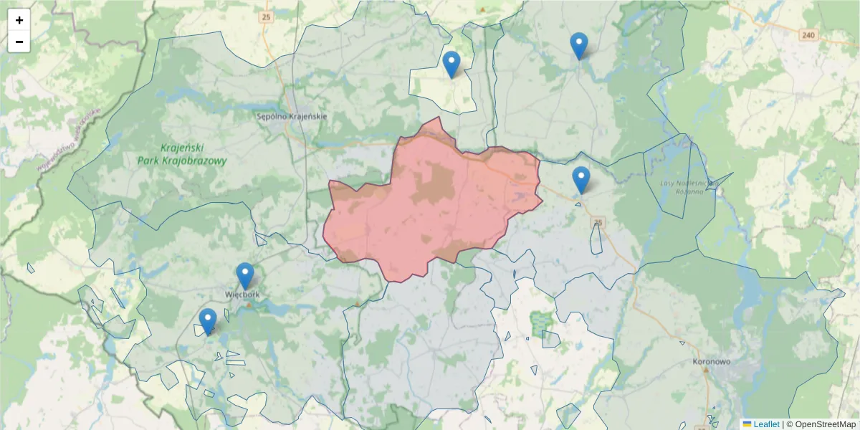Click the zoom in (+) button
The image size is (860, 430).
19,20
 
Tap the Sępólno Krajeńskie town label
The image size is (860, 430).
292,116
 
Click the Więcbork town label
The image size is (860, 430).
242,294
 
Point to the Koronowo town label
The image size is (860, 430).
712,362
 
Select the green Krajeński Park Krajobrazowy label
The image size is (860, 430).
183,155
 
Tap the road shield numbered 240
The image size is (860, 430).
808,35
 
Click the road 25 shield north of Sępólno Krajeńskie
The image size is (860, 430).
267,16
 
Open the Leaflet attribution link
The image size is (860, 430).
766,424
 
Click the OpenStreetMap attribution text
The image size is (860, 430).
823,424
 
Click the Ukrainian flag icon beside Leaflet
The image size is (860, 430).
747,424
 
